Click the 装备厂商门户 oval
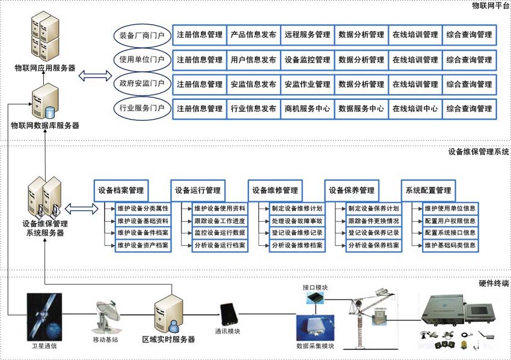click(142, 35)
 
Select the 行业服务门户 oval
click(142, 109)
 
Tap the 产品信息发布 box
click(254, 35)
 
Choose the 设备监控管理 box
click(307, 60)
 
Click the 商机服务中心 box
click(307, 109)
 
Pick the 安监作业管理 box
click(307, 85)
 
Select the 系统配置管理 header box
click(428, 191)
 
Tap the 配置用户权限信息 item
click(450, 221)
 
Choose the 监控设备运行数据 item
click(219, 233)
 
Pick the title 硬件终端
click(494, 282)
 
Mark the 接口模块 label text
click(315, 288)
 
